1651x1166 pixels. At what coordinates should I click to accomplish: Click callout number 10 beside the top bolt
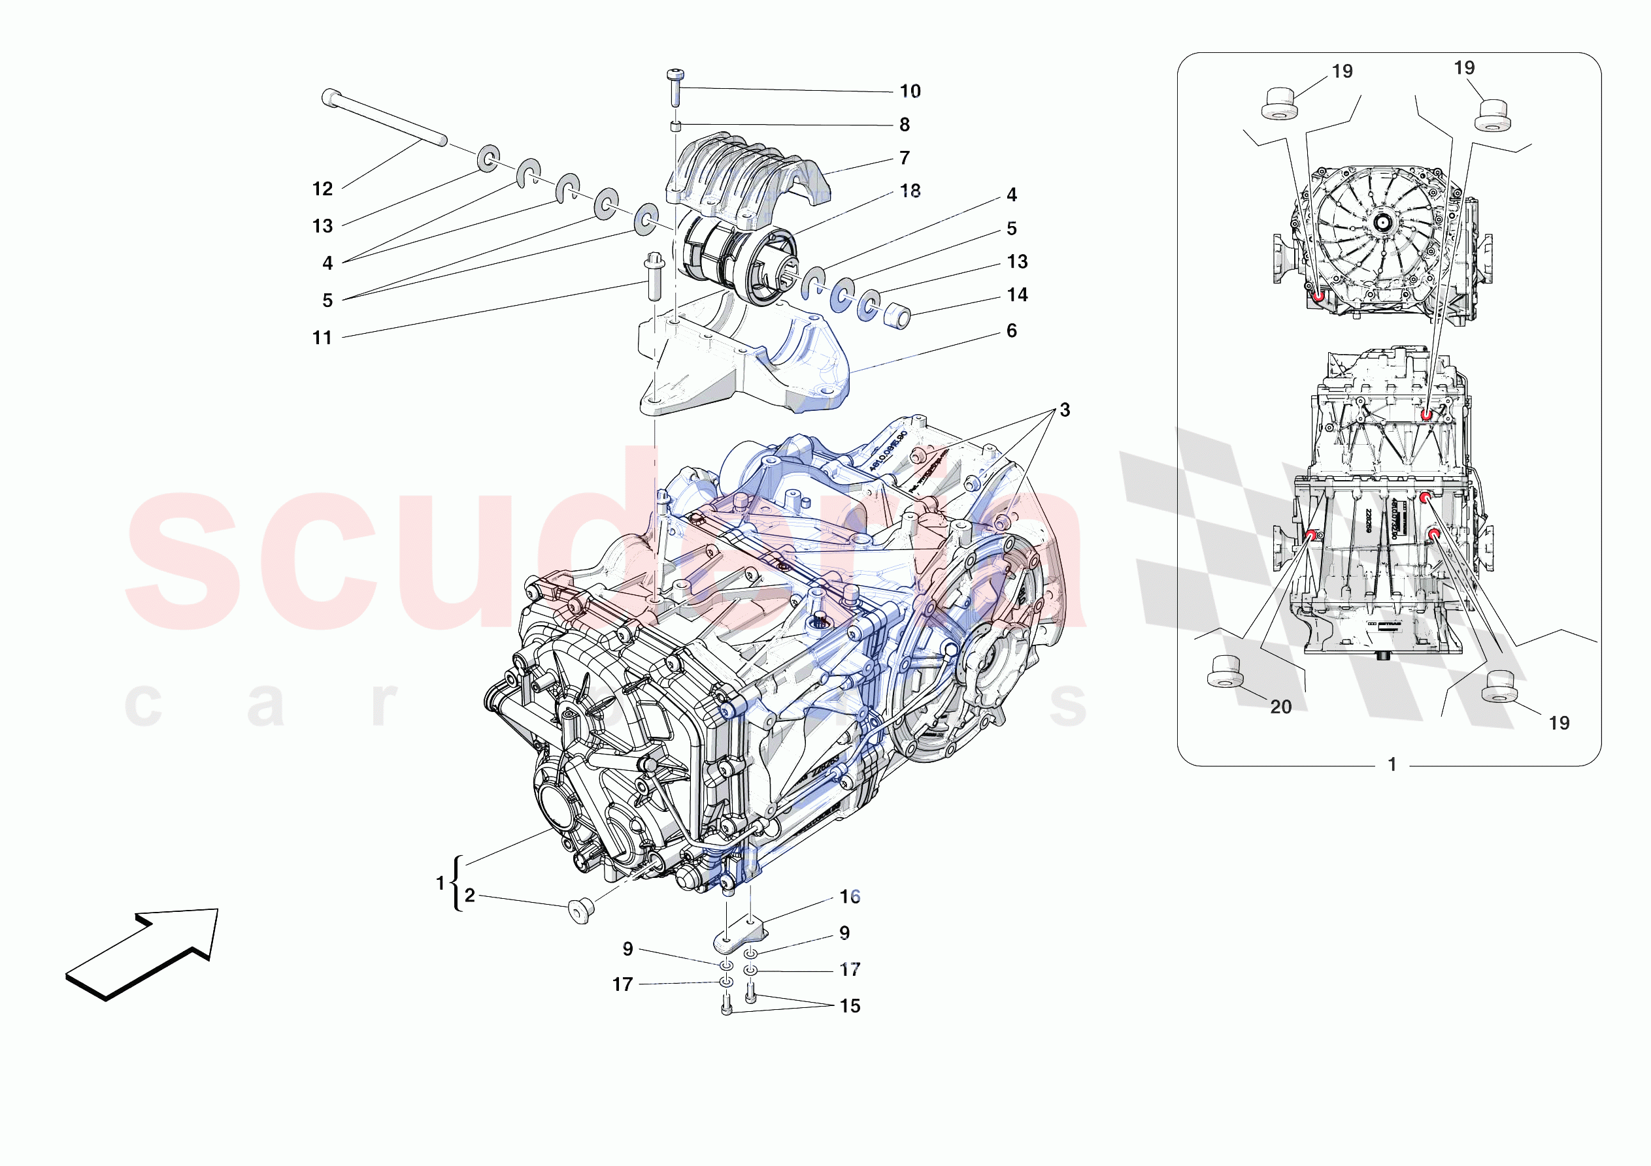coord(910,91)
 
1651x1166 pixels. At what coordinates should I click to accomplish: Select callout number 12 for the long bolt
coord(322,189)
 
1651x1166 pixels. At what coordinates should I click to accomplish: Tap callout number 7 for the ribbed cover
coord(904,158)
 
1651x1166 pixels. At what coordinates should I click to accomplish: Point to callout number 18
coord(910,191)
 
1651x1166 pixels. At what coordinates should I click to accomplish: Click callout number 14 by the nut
coord(1017,295)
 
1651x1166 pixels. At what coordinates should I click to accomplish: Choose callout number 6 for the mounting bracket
coord(1011,331)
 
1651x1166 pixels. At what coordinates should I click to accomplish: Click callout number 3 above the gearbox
coord(1064,410)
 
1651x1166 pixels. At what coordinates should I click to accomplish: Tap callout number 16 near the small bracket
coord(849,896)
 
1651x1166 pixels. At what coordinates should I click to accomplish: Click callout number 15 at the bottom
coord(849,1006)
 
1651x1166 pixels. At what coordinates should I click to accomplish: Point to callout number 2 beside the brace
coord(469,895)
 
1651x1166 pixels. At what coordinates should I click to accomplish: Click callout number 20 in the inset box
coord(1280,707)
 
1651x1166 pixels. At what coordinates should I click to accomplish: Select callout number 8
coord(904,125)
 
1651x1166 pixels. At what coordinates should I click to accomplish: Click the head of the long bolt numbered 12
coord(331,97)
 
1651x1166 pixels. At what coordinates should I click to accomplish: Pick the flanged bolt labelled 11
coord(654,276)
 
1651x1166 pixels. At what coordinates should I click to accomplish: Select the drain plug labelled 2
coord(581,910)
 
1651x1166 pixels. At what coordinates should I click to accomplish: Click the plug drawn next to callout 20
coord(1225,672)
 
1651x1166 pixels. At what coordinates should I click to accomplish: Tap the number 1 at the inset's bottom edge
coord(1392,764)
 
